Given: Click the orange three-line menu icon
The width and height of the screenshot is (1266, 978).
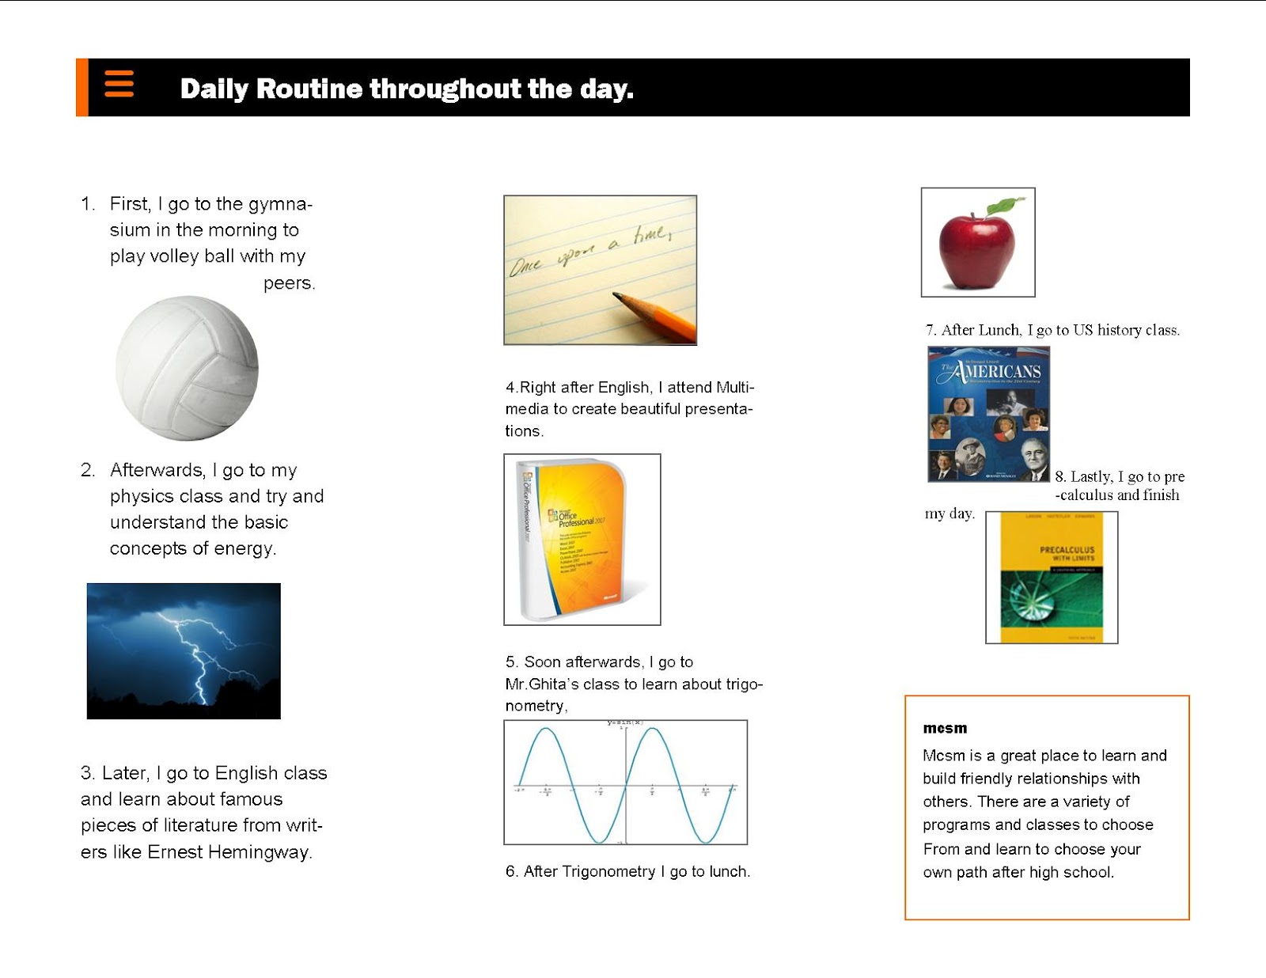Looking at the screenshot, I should click(x=119, y=83).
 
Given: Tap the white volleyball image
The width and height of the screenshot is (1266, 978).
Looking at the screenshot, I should click(x=188, y=368).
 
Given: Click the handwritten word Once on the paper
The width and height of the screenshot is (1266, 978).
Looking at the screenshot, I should click(x=525, y=266).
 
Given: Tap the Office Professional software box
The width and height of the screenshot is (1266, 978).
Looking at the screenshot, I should click(x=582, y=540).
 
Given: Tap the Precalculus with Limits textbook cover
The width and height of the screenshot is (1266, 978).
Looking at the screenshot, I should click(x=1052, y=577).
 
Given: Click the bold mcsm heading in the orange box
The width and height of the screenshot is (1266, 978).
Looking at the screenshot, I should click(x=945, y=728).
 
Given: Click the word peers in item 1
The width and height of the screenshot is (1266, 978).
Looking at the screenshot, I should click(x=289, y=283).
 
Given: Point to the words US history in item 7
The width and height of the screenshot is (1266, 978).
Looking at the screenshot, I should click(x=1111, y=330).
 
